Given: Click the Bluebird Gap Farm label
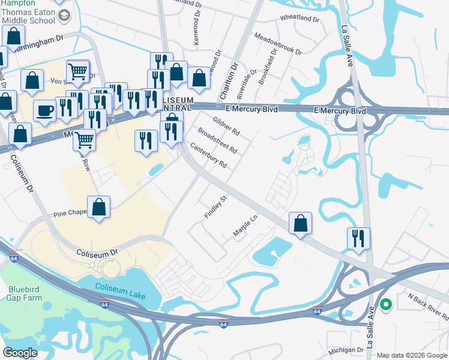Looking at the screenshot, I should pyautogui.click(x=23, y=292).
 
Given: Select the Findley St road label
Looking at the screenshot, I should pyautogui.click(x=217, y=206).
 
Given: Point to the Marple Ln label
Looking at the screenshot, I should pyautogui.click(x=245, y=228).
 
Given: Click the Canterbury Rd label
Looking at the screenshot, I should pyautogui.click(x=208, y=154).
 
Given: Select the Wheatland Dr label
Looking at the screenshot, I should pyautogui.click(x=300, y=19).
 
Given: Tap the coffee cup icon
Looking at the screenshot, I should pyautogui.click(x=45, y=110).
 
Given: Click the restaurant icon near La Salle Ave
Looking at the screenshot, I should pyautogui.click(x=358, y=238).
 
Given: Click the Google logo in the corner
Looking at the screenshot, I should pyautogui.click(x=20, y=352).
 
